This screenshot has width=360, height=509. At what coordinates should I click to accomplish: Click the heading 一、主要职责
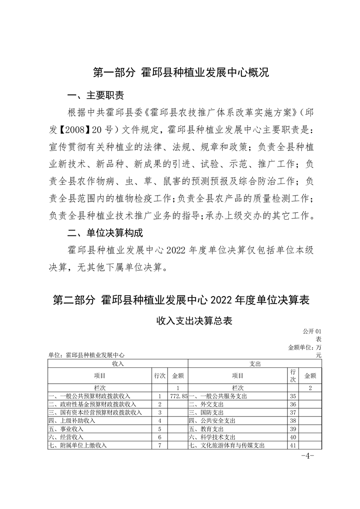point(95,96)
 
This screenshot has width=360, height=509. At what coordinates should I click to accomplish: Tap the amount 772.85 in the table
point(178,396)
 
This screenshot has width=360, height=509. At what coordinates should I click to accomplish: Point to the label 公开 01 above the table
point(311,332)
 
